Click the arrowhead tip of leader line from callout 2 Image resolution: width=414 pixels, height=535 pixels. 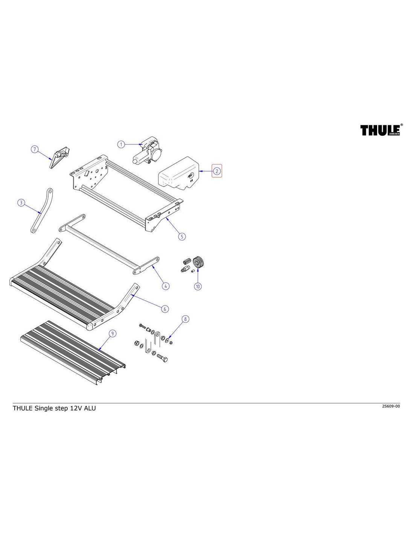tap(199, 171)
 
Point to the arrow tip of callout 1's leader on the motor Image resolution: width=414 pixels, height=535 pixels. tap(143, 144)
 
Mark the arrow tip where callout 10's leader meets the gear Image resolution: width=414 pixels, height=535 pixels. tap(198, 269)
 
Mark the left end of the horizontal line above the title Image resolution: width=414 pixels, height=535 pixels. tap(13, 403)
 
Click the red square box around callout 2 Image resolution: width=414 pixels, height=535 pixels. tap(217, 171)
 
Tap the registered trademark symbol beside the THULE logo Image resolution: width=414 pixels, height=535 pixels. tap(402, 125)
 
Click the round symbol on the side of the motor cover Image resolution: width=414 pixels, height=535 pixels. tap(190, 175)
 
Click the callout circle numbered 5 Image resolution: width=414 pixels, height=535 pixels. tap(182, 236)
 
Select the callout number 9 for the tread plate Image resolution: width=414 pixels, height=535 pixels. tap(112, 333)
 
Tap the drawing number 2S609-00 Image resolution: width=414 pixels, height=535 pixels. tap(391, 406)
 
